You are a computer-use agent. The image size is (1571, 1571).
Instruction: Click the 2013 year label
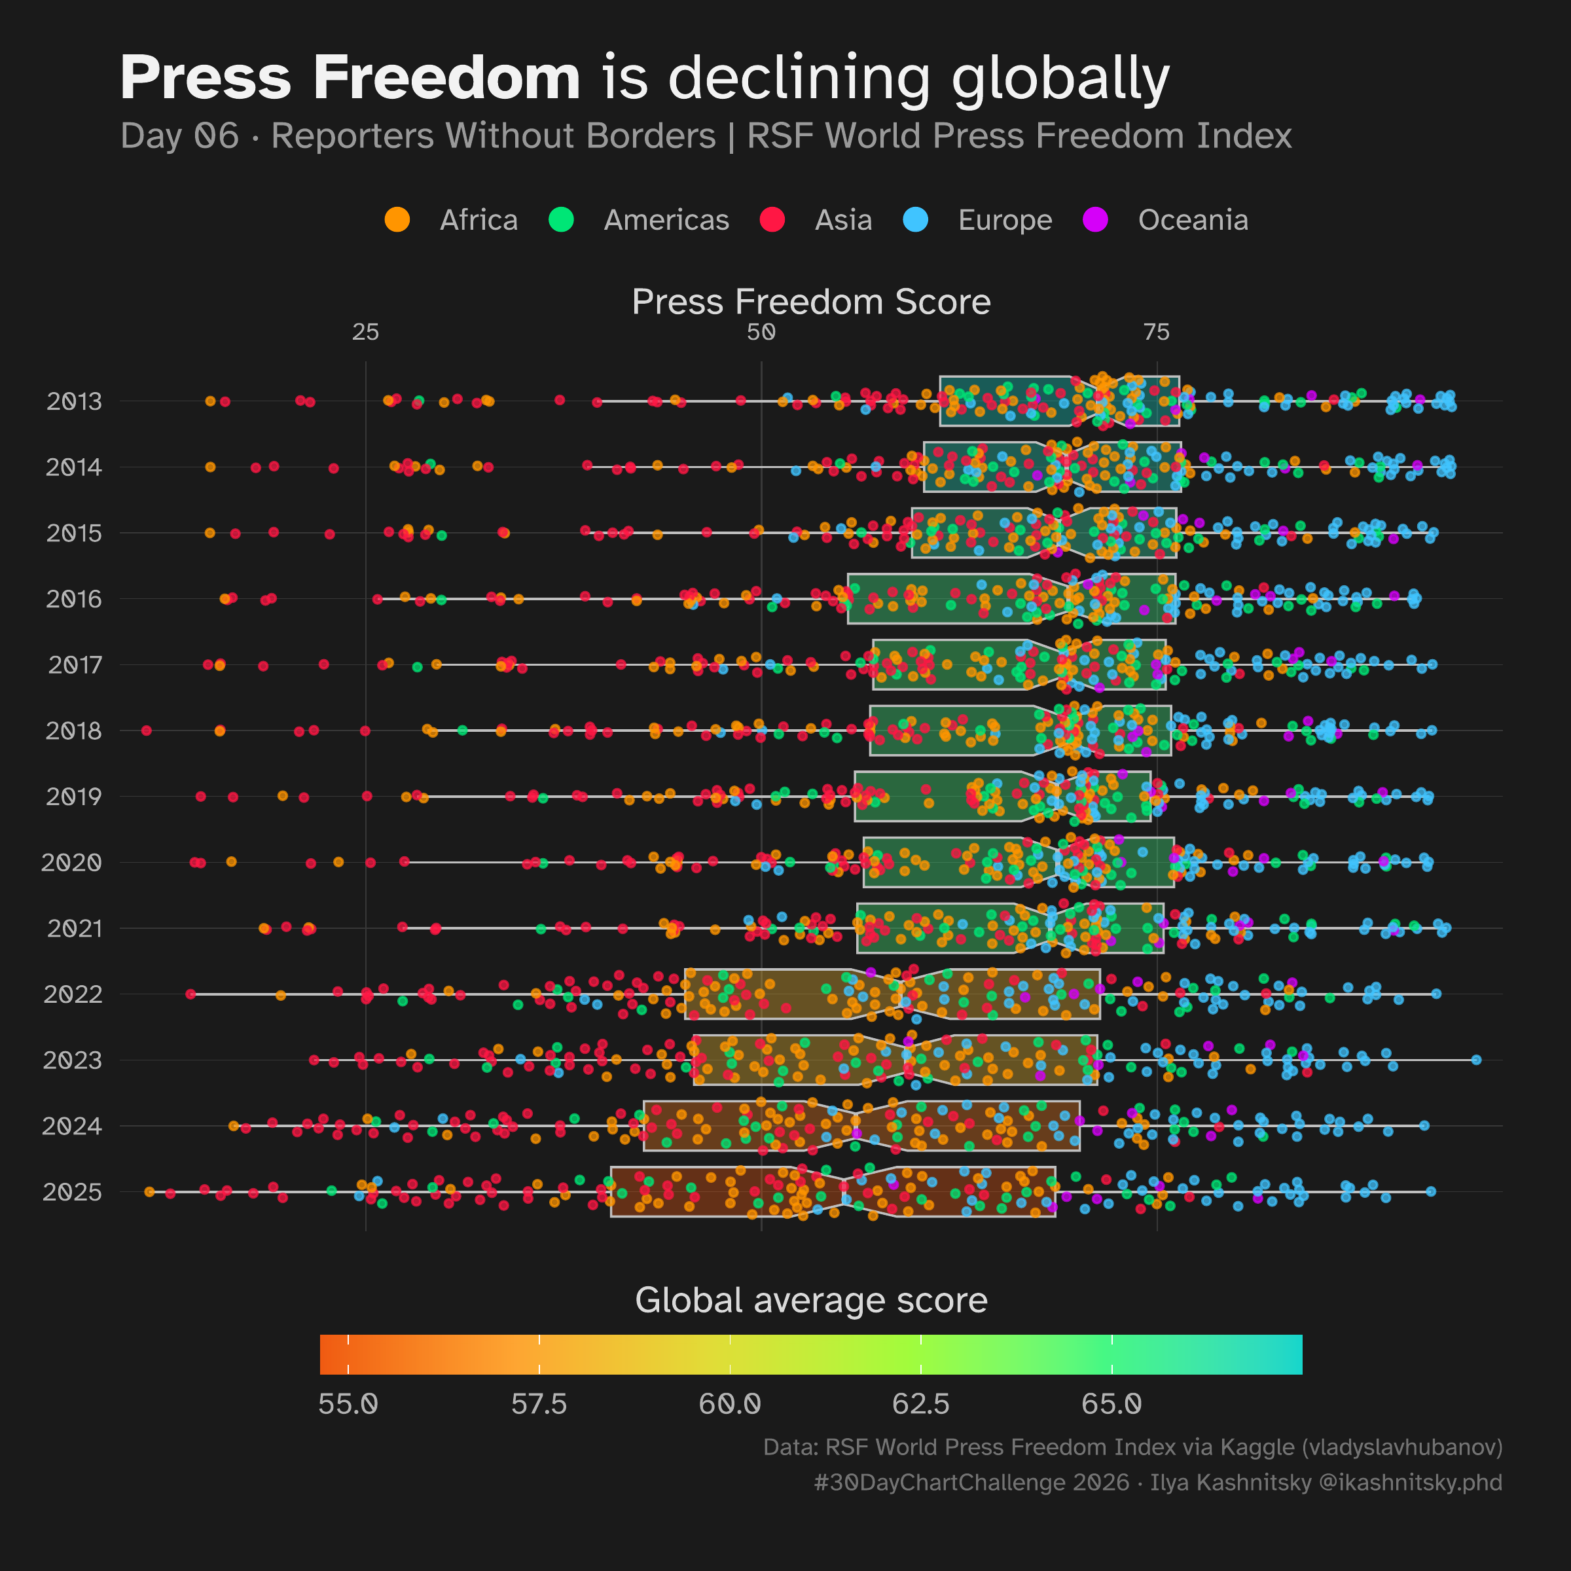pyautogui.click(x=74, y=402)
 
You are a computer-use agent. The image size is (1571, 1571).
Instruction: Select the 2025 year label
pyautogui.click(x=73, y=1192)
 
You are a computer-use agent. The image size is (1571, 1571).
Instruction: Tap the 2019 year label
pyautogui.click(x=74, y=797)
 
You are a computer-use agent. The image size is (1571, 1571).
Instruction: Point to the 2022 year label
pyautogui.click(x=73, y=994)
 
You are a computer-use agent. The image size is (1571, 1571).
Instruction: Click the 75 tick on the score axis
pyautogui.click(x=1156, y=332)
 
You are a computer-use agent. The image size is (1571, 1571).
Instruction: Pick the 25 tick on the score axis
pyautogui.click(x=366, y=332)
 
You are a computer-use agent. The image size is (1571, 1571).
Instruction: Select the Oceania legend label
pyautogui.click(x=1193, y=221)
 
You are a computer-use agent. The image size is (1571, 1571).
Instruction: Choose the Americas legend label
pyautogui.click(x=666, y=221)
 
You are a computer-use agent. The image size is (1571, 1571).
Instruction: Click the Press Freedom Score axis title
pyautogui.click(x=811, y=302)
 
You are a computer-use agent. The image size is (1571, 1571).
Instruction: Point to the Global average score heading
pyautogui.click(x=811, y=1300)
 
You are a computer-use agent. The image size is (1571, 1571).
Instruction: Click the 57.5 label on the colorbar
pyautogui.click(x=538, y=1404)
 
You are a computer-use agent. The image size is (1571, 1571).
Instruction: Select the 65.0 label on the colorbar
pyautogui.click(x=1111, y=1404)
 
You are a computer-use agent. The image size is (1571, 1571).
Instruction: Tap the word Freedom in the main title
pyautogui.click(x=446, y=78)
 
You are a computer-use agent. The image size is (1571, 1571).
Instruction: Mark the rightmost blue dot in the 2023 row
pyautogui.click(x=1476, y=1060)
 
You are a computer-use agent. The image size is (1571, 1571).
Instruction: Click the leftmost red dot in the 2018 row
pyautogui.click(x=147, y=731)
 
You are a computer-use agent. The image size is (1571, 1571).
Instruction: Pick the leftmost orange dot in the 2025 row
pyautogui.click(x=149, y=1192)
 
